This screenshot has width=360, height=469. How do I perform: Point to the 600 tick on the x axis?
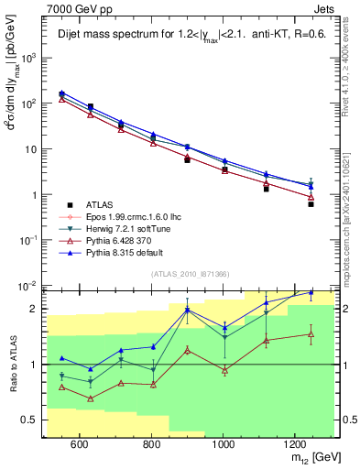[x=79, y=444]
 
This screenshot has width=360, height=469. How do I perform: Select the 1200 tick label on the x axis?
[x=295, y=444]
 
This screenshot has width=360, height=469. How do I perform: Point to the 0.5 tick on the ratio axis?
[x=31, y=420]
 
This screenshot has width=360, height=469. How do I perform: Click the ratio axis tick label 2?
[x=35, y=309]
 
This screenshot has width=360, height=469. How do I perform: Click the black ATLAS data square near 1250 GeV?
[x=311, y=204]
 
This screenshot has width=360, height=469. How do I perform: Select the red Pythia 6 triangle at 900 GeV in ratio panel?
[x=187, y=350]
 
